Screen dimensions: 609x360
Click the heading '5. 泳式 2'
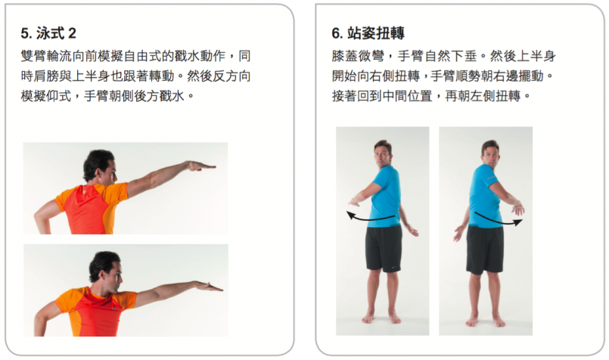click(48, 33)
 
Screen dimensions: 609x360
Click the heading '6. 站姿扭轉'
click(368, 33)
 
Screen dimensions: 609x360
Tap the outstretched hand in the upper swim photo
click(201, 166)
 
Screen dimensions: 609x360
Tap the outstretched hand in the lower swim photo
click(209, 287)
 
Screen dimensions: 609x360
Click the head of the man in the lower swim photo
click(105, 267)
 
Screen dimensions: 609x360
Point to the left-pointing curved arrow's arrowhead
click(351, 215)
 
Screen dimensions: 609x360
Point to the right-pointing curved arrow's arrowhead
click(517, 222)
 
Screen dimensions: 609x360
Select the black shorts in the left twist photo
click(384, 249)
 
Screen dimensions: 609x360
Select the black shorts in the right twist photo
click(485, 250)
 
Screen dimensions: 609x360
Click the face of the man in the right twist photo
click(490, 155)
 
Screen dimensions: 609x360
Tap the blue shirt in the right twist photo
click(485, 196)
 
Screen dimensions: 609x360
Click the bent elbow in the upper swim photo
click(39, 219)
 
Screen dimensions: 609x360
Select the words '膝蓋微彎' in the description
click(358, 56)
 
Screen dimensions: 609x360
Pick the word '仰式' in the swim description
click(59, 95)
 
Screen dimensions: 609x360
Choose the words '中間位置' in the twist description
click(407, 95)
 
